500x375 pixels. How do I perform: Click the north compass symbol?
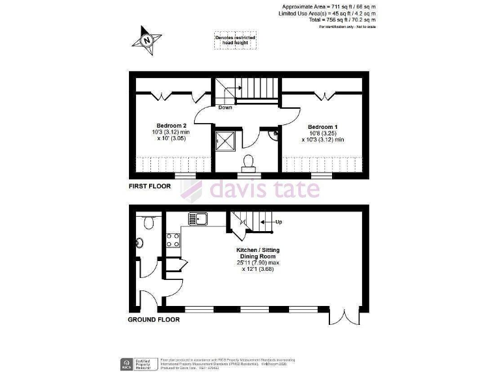tap(147, 40)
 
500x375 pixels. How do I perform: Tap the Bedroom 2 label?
tap(171, 126)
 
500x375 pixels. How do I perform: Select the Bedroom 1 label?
tap(323, 126)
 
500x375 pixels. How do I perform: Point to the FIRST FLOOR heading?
tap(150, 186)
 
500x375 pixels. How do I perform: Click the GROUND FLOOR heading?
tap(154, 320)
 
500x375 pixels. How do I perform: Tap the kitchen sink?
tap(198, 218)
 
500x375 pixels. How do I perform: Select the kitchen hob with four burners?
tap(173, 240)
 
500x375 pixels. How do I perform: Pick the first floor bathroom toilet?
tap(248, 161)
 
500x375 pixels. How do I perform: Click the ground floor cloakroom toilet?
tap(148, 223)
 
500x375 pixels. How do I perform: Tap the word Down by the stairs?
tap(225, 107)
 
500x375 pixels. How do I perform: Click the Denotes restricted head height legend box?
tap(235, 40)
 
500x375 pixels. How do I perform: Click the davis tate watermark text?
tap(264, 189)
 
